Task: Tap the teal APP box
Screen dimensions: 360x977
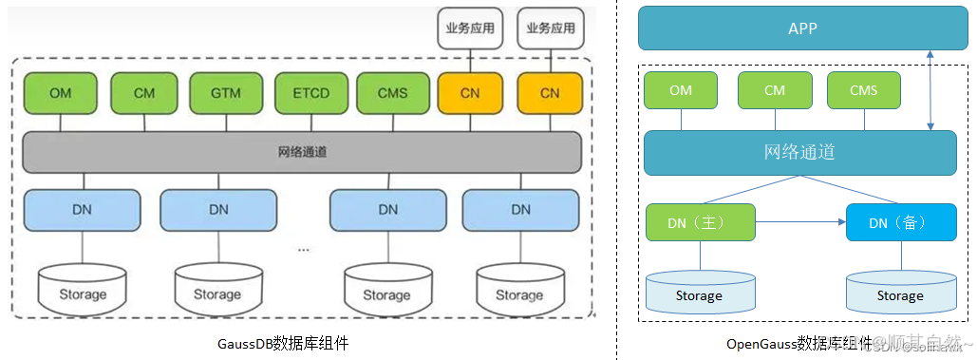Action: click(802, 28)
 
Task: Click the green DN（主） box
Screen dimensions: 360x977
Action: click(701, 222)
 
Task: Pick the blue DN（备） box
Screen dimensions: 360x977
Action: click(900, 222)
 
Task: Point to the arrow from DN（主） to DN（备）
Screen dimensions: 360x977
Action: click(800, 222)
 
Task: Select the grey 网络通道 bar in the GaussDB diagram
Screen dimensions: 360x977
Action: click(302, 152)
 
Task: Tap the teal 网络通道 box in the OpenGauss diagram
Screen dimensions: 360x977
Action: click(799, 153)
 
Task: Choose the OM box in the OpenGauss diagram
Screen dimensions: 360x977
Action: click(681, 90)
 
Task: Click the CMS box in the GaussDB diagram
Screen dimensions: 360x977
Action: click(393, 93)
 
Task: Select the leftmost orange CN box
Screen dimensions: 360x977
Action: click(469, 93)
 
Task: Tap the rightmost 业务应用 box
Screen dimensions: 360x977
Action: click(550, 28)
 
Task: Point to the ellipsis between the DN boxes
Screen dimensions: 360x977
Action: click(303, 248)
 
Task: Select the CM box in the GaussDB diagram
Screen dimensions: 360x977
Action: click(144, 93)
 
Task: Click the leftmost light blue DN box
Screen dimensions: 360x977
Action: click(83, 209)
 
